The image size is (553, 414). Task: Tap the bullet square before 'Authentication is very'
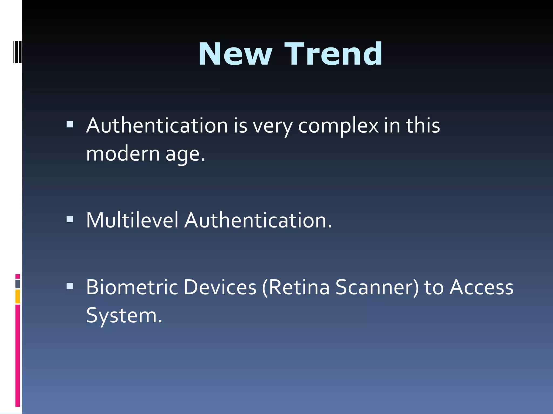[x=70, y=124]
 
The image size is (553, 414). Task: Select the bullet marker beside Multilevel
[x=70, y=219]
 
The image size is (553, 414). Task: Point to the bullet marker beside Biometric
[x=70, y=286]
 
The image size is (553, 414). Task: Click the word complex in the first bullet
[x=338, y=126]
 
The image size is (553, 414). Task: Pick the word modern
[x=123, y=154]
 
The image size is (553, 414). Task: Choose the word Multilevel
[x=132, y=220]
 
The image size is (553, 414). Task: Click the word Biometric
[x=132, y=287]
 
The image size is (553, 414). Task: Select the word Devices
[x=220, y=287]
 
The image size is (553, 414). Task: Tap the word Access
[x=481, y=287]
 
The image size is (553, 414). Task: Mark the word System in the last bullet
[x=124, y=315]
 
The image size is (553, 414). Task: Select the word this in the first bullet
[x=423, y=126]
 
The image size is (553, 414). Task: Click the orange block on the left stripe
[x=18, y=296]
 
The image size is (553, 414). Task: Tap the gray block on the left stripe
[x=18, y=284]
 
